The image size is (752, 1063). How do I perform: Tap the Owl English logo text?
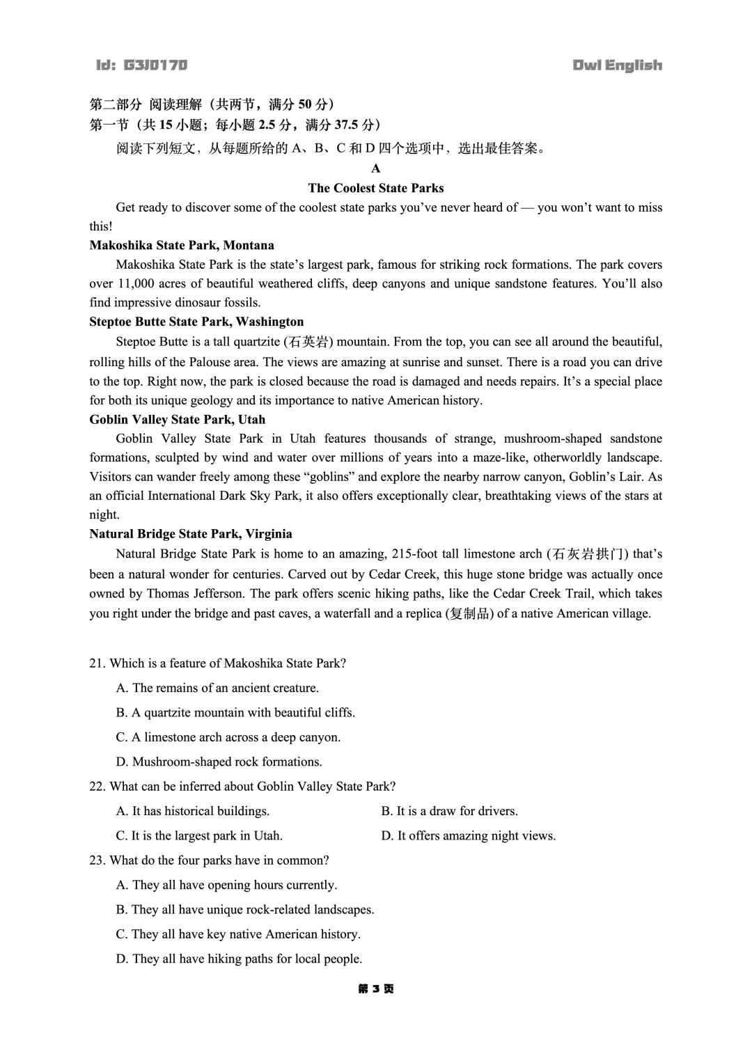point(617,65)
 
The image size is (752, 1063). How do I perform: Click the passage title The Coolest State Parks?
point(375,188)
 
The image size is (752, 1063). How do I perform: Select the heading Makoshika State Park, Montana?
point(182,245)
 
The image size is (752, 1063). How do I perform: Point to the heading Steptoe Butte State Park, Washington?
point(196,322)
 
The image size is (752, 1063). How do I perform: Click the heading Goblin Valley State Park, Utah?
point(177,419)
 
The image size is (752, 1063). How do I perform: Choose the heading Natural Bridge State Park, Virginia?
point(191,534)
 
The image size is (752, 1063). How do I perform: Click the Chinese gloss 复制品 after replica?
point(470,614)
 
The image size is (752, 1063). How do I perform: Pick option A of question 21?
point(217,688)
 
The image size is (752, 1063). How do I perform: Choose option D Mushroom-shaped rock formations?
point(219,762)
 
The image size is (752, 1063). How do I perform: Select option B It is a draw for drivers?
point(449,811)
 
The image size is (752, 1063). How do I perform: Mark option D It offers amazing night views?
point(468,835)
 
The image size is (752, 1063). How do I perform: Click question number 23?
point(97,860)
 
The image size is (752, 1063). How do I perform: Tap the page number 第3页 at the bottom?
point(375,989)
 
